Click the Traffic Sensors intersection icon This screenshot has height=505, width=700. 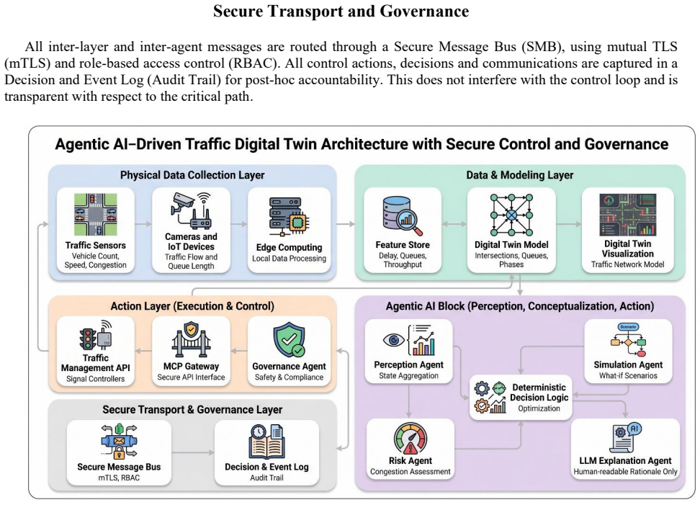(x=96, y=215)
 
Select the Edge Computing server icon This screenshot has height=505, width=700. (x=289, y=217)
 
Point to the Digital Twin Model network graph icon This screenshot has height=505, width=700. (x=511, y=215)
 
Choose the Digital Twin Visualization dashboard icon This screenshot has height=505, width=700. (x=628, y=215)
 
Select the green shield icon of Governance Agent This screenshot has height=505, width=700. (x=289, y=340)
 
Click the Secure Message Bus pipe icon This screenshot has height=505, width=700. (x=119, y=441)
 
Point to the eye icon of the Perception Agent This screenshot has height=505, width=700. (x=394, y=340)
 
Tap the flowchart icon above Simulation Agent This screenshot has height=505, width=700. (x=628, y=340)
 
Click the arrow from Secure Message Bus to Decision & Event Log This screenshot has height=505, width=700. (x=193, y=452)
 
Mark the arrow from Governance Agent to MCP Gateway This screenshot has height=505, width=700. (x=239, y=351)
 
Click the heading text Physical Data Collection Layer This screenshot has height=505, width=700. (x=192, y=175)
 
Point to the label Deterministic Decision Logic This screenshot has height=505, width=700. (x=539, y=393)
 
